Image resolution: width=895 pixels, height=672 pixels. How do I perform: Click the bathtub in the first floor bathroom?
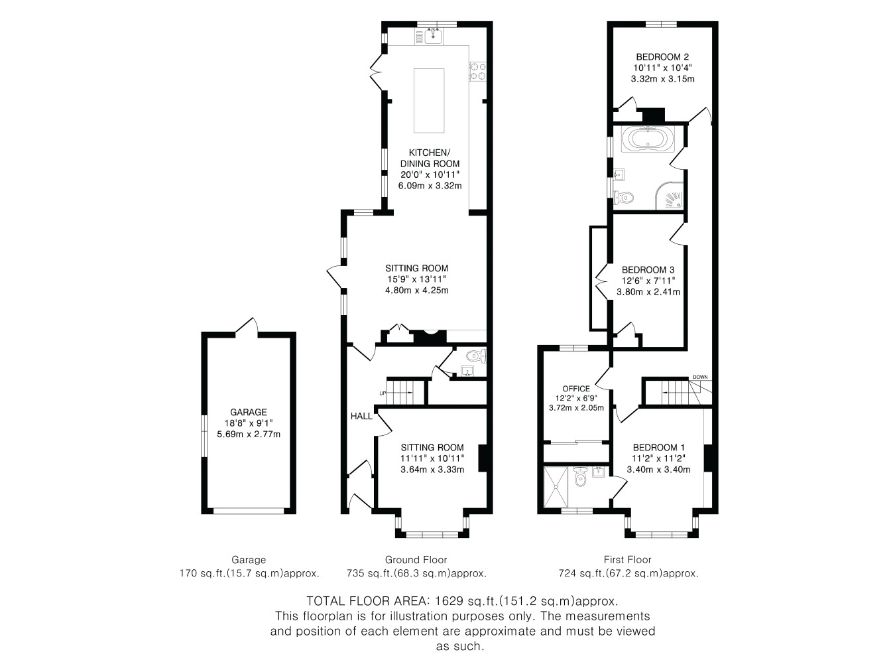pyautogui.click(x=648, y=139)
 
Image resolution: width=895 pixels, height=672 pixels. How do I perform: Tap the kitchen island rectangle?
pyautogui.click(x=429, y=100)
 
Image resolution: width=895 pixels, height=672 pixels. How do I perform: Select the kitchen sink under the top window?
pyautogui.click(x=433, y=36)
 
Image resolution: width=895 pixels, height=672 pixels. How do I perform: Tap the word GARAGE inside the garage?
pyautogui.click(x=249, y=412)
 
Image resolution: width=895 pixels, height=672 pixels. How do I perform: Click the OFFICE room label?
pyautogui.click(x=575, y=389)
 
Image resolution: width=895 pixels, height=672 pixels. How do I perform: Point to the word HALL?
pyautogui.click(x=361, y=416)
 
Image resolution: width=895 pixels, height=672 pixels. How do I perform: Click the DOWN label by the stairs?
pyautogui.click(x=699, y=377)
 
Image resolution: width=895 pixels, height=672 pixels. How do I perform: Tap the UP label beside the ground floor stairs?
pyautogui.click(x=383, y=393)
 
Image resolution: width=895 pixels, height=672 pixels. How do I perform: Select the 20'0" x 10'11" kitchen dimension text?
pyautogui.click(x=430, y=174)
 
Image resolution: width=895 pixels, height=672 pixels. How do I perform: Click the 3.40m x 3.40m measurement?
pyautogui.click(x=658, y=470)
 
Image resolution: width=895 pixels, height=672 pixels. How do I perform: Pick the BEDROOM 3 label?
pyautogui.click(x=648, y=270)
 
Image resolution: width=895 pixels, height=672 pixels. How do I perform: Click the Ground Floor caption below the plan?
pyautogui.click(x=416, y=560)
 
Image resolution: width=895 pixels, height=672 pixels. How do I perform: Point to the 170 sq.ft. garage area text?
pyautogui.click(x=249, y=574)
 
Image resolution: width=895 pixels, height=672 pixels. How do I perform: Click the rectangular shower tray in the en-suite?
pyautogui.click(x=556, y=487)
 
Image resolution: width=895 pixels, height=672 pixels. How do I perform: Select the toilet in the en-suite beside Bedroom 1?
pyautogui.click(x=579, y=477)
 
